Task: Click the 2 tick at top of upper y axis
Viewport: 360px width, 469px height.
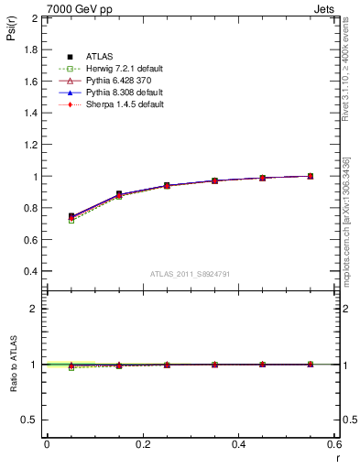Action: click(35, 18)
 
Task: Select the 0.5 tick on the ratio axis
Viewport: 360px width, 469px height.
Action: click(29, 420)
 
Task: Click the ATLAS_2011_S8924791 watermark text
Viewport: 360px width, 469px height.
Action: click(190, 274)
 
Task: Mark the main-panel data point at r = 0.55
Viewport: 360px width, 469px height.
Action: click(311, 176)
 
